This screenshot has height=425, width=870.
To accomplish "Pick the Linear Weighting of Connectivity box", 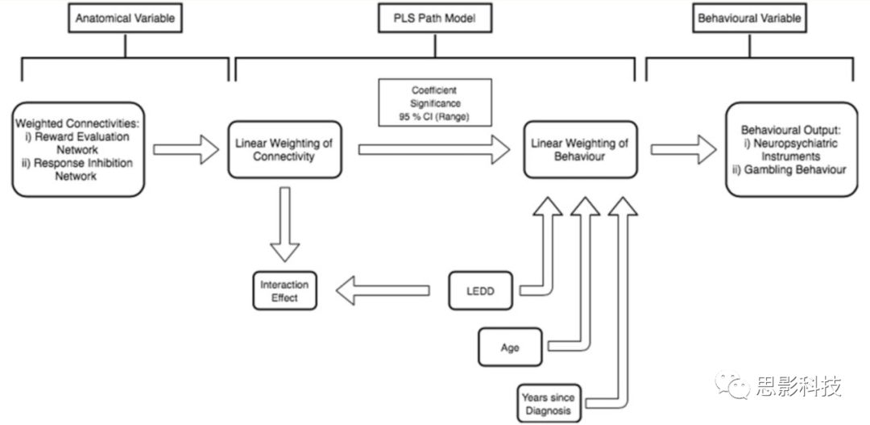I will click(x=284, y=148).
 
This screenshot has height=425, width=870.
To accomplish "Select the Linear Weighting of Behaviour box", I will click(x=580, y=148).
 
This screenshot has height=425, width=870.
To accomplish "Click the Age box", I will click(x=509, y=348).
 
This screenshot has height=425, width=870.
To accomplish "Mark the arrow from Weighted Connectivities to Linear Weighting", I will click(x=185, y=148).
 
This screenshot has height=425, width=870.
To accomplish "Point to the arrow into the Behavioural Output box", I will click(x=683, y=148).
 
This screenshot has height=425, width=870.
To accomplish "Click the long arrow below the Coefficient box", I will click(x=435, y=148).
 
